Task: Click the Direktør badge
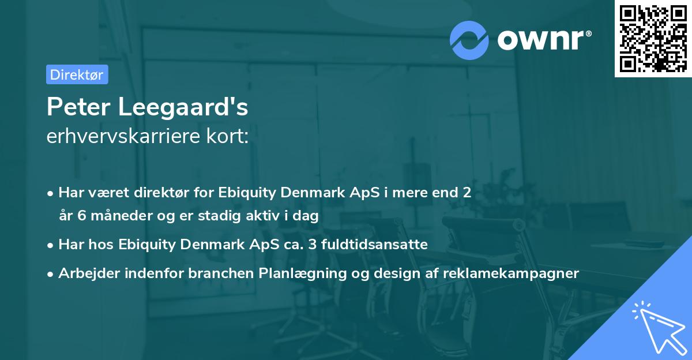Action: tap(77, 74)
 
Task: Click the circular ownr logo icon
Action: tap(469, 40)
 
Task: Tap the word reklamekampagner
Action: tap(510, 273)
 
